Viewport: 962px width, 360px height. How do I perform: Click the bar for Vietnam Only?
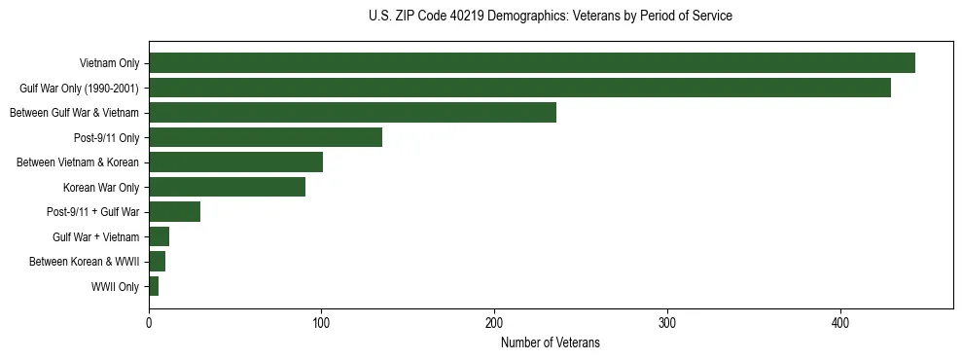point(532,63)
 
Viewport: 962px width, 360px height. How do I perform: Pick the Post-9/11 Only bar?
point(266,137)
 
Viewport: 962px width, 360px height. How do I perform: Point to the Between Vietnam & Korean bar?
point(235,162)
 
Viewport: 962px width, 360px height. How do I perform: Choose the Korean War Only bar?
point(227,187)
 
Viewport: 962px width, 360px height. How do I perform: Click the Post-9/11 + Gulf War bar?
point(174,212)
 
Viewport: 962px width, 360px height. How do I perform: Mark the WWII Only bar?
point(154,286)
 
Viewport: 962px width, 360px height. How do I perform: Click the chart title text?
point(551,17)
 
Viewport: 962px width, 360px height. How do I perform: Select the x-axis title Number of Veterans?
point(551,343)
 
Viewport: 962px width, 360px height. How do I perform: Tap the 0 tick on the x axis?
point(149,324)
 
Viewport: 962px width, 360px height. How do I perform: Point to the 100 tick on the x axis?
point(321,324)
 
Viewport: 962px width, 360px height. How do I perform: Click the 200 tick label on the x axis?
point(494,324)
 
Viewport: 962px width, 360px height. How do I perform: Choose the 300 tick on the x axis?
point(667,324)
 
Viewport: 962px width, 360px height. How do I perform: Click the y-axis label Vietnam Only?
point(109,64)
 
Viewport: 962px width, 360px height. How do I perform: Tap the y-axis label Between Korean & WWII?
point(84,262)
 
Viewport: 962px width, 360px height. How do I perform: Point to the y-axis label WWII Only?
point(115,287)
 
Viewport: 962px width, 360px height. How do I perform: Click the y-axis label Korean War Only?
point(101,188)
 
